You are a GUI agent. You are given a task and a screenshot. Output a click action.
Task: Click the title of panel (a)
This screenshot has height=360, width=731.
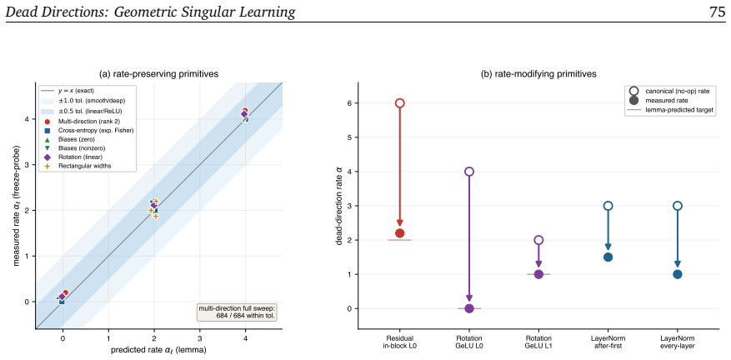point(159,73)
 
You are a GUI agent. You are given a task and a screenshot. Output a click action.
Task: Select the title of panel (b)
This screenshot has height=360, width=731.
point(538,73)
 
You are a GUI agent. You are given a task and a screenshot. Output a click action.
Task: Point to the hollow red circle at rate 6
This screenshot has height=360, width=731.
point(399,103)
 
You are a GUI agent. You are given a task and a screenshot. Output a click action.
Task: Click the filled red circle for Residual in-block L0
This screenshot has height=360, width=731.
point(399,233)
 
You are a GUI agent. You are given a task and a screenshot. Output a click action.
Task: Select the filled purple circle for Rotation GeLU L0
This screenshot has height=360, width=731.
point(469,308)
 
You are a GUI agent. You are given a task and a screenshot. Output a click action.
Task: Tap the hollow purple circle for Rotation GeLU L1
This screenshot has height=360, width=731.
point(538,240)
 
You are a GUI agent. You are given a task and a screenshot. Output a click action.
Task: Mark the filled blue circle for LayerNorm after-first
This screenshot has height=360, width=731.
point(608,257)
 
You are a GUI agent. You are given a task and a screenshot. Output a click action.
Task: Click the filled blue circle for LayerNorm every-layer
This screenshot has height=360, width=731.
point(678,274)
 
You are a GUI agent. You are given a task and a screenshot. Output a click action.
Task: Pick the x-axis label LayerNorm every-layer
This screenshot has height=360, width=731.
point(678,341)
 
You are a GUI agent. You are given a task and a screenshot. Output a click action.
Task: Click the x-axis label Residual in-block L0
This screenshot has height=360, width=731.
point(400,341)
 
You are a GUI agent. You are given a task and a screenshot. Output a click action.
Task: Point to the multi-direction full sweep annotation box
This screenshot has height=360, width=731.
point(237,312)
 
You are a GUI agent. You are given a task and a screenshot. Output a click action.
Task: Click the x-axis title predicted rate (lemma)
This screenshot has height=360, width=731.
point(159,350)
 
